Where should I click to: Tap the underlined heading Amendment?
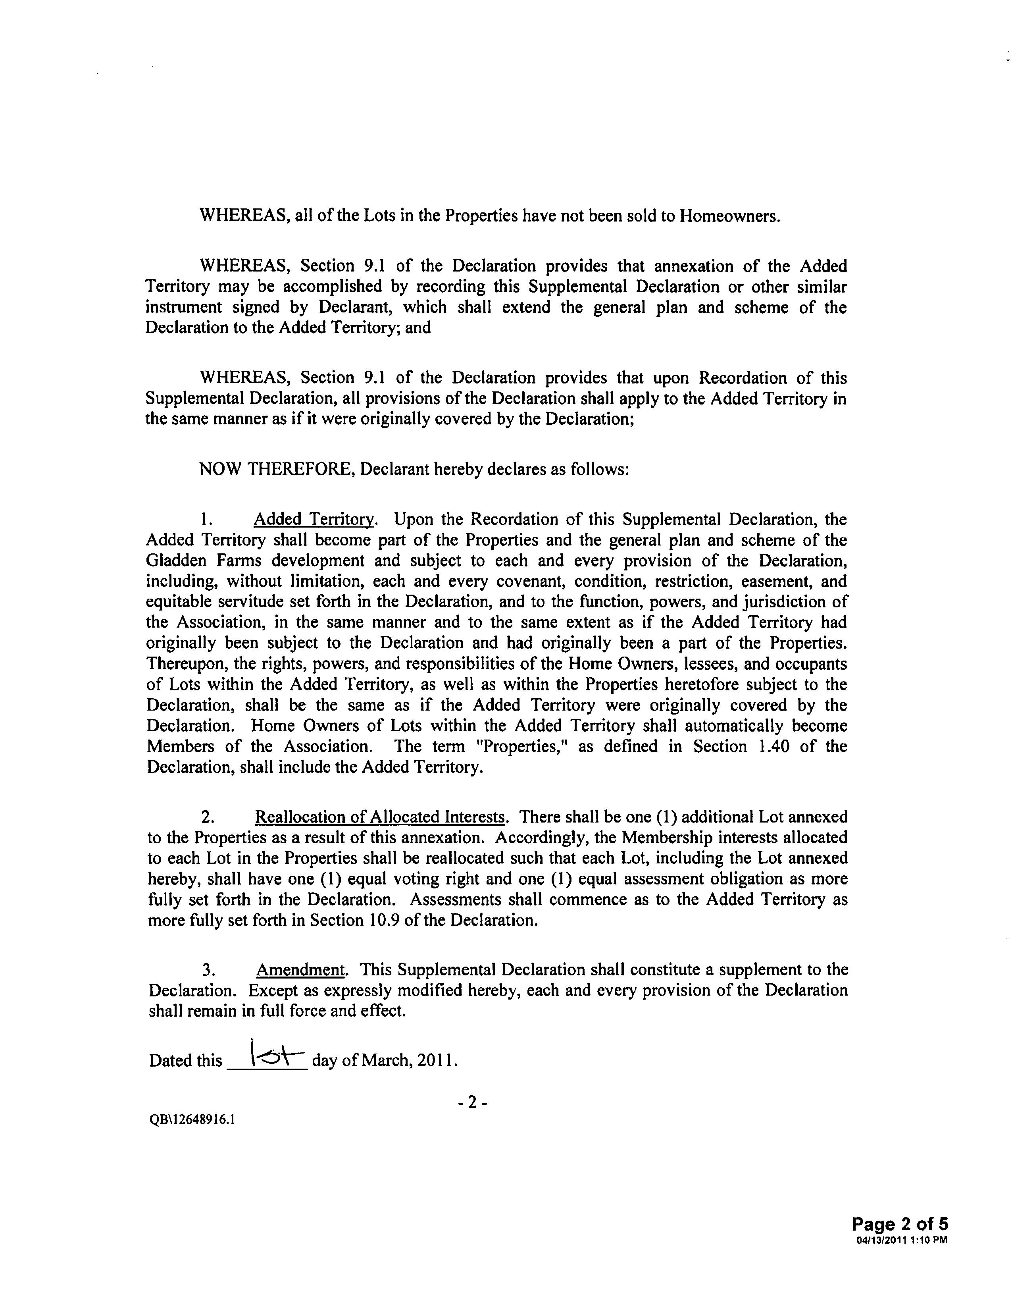point(300,970)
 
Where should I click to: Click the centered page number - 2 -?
point(472,1102)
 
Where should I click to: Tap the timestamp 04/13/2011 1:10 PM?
point(902,1240)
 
